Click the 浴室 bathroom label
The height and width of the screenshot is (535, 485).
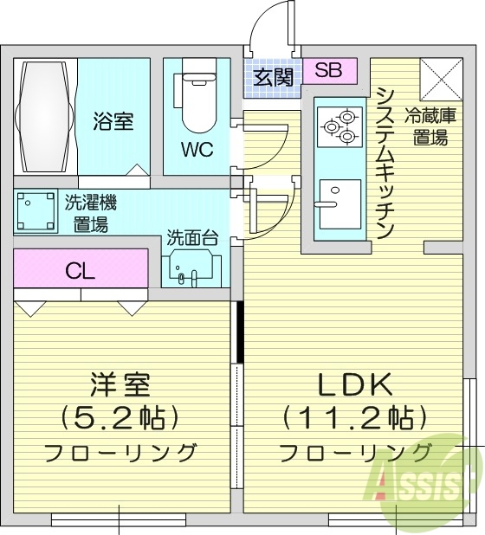(x=113, y=121)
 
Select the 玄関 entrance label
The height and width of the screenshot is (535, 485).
(x=273, y=76)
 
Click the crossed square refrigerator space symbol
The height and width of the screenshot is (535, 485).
(x=437, y=80)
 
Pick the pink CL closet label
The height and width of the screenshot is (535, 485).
(x=80, y=270)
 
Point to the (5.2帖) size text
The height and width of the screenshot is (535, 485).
(x=120, y=418)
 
